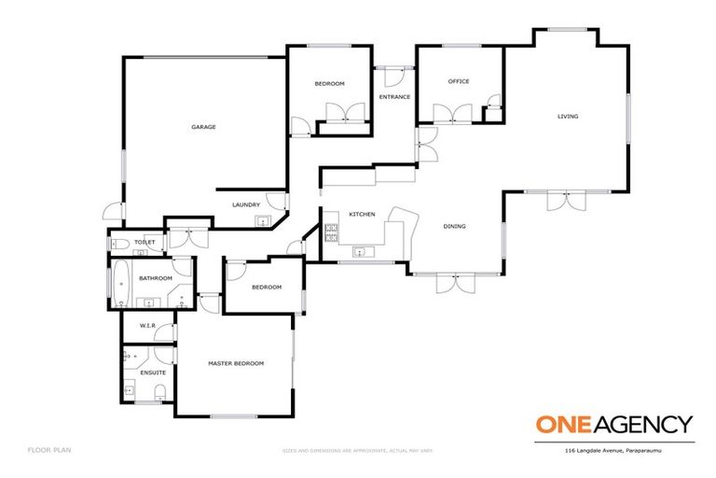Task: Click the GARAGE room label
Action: pos(203,127)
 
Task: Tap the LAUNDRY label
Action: pos(246,204)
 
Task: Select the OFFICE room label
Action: pos(459,81)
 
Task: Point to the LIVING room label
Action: pos(568,117)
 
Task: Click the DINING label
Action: pos(454,226)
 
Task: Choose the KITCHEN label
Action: pos(362,215)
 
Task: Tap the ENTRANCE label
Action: pos(394,97)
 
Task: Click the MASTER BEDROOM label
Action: pos(236,363)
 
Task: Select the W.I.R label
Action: pos(147,326)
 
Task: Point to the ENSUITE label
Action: pos(153,373)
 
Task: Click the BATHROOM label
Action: pos(156,278)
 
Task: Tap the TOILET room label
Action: pos(145,243)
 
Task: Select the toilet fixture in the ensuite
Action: pos(159,390)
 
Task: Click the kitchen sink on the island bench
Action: pos(359,250)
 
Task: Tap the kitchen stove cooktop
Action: pos(330,230)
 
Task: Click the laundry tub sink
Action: pos(262,221)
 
